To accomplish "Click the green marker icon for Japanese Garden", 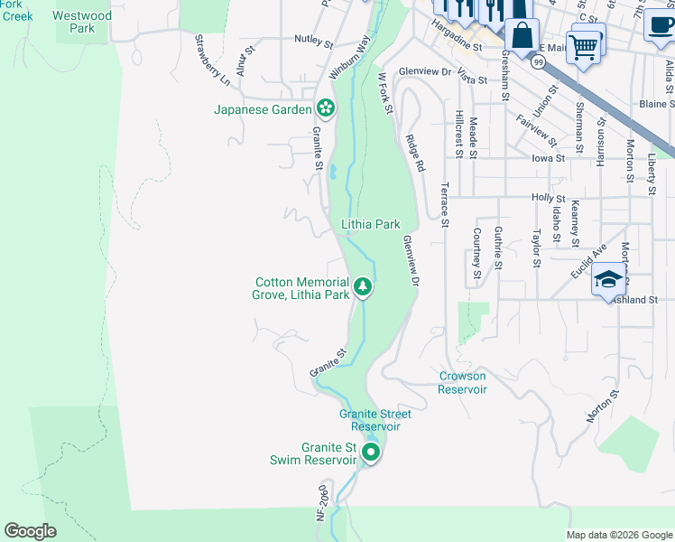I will point(325,109).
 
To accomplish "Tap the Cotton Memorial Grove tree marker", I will point(362,287).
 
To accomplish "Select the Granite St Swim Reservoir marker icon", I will point(370,453).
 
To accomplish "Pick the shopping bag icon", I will point(522,37).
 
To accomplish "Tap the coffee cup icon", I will point(659,23).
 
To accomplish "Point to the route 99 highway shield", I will point(539,61).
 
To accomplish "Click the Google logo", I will point(30,531).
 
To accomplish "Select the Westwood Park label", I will point(82,22).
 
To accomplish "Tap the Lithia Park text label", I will point(370,224).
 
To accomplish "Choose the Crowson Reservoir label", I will point(462,383).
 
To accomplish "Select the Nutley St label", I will point(315,40).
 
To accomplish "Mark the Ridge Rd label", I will point(414,154).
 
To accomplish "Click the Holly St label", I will point(548,198).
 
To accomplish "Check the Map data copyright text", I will point(618,535).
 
